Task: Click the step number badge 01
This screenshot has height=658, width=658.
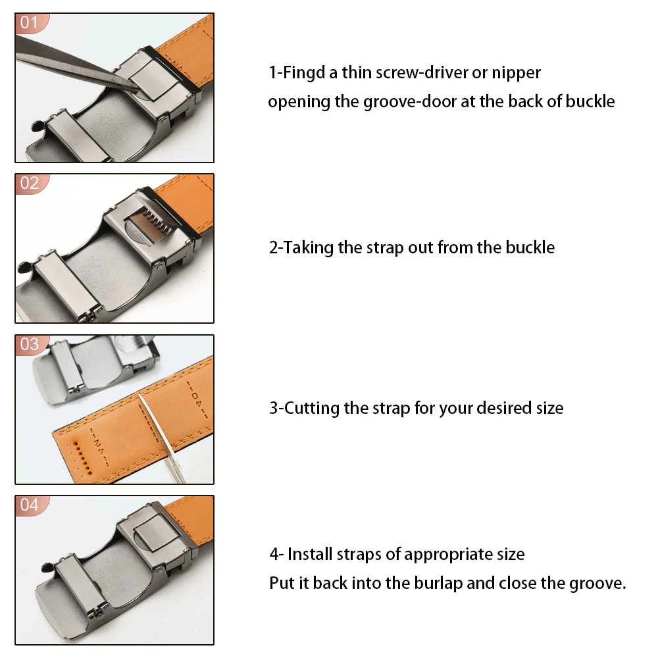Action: pyautogui.click(x=30, y=22)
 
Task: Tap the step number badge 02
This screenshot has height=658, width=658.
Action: pyautogui.click(x=30, y=184)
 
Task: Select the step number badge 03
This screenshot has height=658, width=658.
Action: pyautogui.click(x=30, y=345)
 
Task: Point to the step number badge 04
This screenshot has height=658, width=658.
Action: pyautogui.click(x=30, y=505)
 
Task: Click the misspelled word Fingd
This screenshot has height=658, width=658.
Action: pyautogui.click(x=304, y=73)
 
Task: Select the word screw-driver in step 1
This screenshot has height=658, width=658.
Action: pyautogui.click(x=421, y=73)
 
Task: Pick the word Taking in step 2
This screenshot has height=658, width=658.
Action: pyautogui.click(x=308, y=248)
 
